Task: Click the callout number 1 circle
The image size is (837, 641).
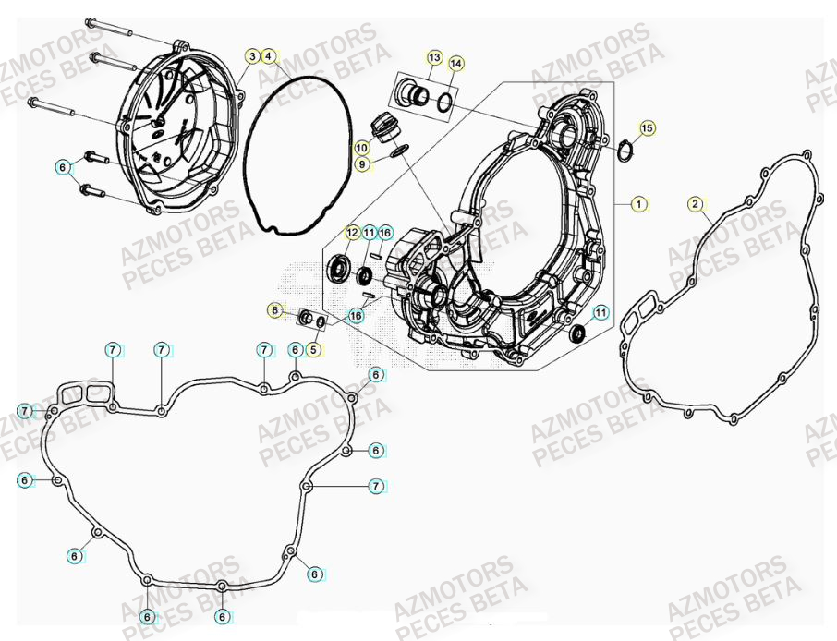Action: tap(638, 203)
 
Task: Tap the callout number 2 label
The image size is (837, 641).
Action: tap(696, 203)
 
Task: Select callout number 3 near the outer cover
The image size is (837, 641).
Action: tap(252, 56)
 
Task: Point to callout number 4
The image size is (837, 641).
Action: tap(268, 56)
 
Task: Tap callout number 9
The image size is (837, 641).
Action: tap(362, 163)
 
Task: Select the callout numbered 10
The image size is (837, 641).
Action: tap(362, 147)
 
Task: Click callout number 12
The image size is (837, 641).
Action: tap(353, 232)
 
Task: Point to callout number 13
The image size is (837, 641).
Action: tap(434, 57)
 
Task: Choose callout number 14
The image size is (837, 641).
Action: tap(455, 64)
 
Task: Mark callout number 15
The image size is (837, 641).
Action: tap(647, 127)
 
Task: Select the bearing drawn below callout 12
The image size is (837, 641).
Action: tap(339, 269)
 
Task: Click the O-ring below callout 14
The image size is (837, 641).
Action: tap(444, 101)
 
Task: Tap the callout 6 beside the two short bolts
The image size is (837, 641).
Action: tap(62, 167)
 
